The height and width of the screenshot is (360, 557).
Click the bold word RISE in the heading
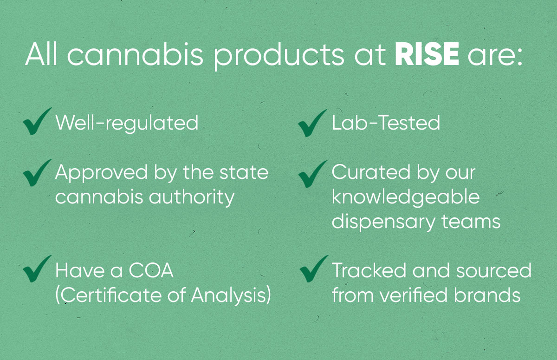click(427, 55)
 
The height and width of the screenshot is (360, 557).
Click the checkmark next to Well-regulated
click(37, 122)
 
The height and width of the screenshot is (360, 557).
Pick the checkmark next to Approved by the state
click(37, 172)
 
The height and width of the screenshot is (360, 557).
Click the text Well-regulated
click(127, 124)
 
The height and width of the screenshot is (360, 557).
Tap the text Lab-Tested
click(386, 123)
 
